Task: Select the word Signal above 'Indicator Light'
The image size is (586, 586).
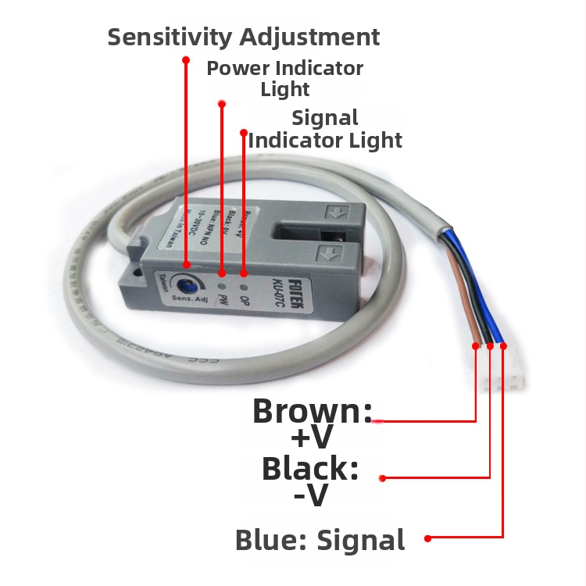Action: click(x=324, y=118)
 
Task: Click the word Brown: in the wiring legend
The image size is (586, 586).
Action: click(x=313, y=412)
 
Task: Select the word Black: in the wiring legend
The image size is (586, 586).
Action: click(x=310, y=469)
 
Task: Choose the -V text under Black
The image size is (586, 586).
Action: click(x=310, y=495)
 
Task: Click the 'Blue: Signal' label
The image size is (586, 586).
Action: click(x=320, y=540)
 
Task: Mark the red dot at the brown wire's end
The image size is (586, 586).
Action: click(x=476, y=345)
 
